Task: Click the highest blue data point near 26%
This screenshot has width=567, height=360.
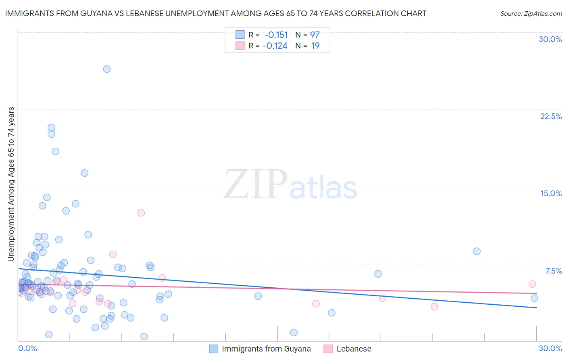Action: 107,69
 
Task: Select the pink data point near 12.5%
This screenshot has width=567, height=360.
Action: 141,213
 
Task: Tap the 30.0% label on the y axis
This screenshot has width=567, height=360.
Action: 550,39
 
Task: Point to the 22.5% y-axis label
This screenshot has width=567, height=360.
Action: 551,116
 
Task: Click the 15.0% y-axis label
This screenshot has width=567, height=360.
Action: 551,193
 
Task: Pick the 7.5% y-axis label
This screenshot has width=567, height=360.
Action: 553,271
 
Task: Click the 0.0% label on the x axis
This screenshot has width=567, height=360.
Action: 27,348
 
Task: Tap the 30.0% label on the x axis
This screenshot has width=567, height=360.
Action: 550,348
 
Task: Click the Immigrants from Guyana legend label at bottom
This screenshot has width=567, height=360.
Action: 266,349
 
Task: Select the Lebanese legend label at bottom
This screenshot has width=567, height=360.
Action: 354,349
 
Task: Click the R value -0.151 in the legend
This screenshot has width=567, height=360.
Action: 276,35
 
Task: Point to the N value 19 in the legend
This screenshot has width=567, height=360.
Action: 315,46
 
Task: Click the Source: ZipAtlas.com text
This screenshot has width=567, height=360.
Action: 531,13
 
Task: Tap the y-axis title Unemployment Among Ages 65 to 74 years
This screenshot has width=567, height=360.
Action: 11,184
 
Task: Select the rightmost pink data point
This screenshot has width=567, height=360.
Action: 532,284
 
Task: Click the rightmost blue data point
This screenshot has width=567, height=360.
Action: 534,298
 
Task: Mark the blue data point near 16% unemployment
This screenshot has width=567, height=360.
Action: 85,173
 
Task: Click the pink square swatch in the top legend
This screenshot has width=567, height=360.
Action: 240,46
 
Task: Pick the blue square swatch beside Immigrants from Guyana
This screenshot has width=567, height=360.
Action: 213,349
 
